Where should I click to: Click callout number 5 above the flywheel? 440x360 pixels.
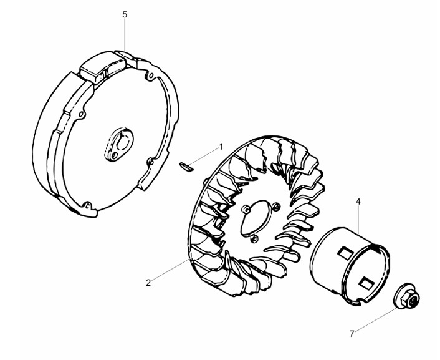pos(125,14)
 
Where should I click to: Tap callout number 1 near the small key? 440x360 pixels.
pos(221,147)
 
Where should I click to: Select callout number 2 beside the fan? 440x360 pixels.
pos(148,283)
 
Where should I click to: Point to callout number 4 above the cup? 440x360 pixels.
pos(358,202)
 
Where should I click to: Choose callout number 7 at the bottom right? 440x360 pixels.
pos(352,334)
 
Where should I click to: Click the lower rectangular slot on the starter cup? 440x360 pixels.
pos(366,283)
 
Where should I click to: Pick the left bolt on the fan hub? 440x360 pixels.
pos(246,209)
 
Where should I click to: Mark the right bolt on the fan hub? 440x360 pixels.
pos(277,207)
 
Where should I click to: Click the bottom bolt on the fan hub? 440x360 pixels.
pos(254,238)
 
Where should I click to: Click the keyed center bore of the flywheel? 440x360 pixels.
pos(122,140)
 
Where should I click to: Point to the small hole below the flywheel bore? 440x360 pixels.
pos(115,155)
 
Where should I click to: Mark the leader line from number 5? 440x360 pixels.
pos(125,36)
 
